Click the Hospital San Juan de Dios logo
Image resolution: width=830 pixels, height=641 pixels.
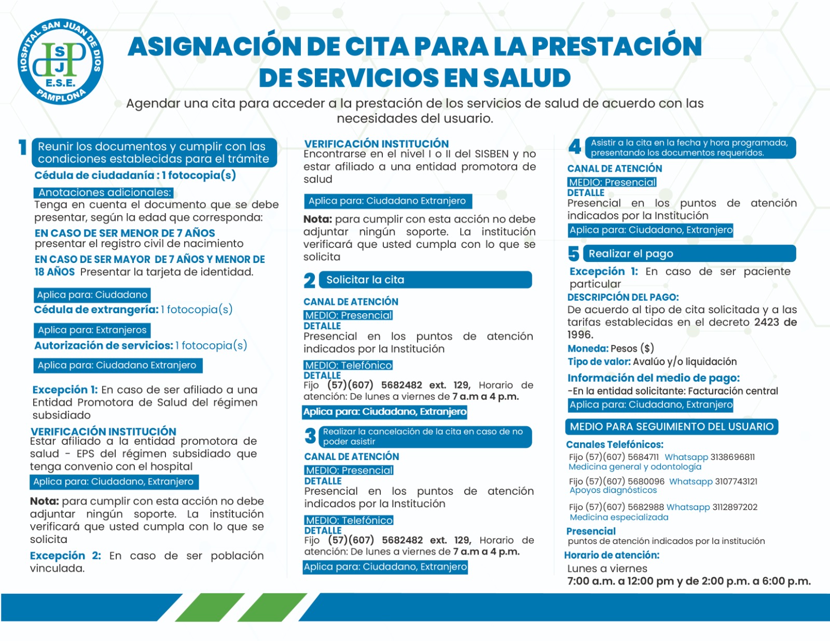(x=60, y=62)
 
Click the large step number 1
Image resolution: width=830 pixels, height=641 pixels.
(x=23, y=148)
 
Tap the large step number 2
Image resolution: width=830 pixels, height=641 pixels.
(x=310, y=281)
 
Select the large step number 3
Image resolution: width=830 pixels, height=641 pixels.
(x=310, y=436)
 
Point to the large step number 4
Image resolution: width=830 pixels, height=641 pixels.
(x=575, y=147)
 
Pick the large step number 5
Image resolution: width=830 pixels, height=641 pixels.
(x=573, y=254)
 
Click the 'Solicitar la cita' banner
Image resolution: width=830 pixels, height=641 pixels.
(x=425, y=280)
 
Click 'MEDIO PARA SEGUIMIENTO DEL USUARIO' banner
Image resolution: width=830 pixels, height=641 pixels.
(x=671, y=427)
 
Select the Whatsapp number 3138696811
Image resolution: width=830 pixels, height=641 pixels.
(x=732, y=457)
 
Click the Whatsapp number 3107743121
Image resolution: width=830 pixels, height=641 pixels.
(x=736, y=481)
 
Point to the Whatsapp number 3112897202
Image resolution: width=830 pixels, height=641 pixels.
(x=735, y=507)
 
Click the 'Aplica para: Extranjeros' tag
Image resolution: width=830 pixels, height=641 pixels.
(x=92, y=330)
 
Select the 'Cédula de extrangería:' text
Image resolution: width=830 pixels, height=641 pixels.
(x=96, y=310)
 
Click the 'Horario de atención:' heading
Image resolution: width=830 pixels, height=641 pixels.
(x=612, y=555)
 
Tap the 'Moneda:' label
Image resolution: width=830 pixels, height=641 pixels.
(x=588, y=349)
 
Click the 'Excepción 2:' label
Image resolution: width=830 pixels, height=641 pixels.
(x=65, y=555)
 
